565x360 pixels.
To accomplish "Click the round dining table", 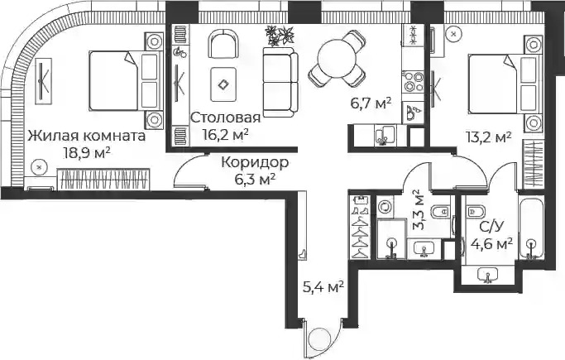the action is [338, 59].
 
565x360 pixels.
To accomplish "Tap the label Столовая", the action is [225, 118].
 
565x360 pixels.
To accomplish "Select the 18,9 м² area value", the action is [87, 153].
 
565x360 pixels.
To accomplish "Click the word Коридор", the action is [255, 162].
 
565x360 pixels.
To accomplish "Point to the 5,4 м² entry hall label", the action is [323, 287].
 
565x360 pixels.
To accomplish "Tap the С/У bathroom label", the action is [491, 227].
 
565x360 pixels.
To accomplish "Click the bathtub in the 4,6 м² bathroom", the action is [531, 228].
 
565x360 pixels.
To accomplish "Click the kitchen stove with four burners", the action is [414, 81].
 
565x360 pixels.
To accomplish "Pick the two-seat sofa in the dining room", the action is [280, 82].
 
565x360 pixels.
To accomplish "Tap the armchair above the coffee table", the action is [223, 44].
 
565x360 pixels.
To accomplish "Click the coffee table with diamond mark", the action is [223, 84].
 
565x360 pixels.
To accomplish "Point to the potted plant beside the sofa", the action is [280, 36].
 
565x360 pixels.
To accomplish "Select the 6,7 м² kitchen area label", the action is [371, 103].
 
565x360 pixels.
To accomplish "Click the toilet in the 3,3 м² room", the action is [440, 211].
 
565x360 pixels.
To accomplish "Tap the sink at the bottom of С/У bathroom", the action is [487, 275].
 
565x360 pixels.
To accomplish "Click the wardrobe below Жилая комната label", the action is [103, 179].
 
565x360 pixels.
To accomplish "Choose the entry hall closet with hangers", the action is [361, 227].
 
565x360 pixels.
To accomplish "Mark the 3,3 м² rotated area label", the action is [419, 210].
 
